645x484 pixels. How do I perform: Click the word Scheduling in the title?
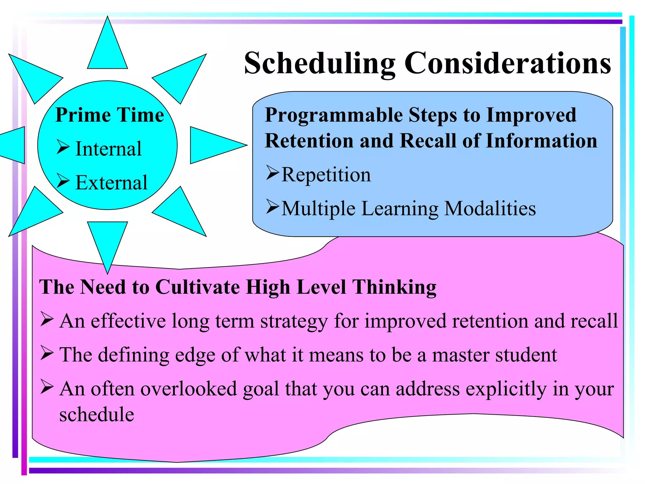320,64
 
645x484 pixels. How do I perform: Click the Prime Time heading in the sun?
110,115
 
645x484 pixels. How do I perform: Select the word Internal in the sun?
109,149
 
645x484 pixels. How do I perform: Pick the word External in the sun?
111,182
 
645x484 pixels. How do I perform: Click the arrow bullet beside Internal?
63,147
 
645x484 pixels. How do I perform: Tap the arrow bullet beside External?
63,181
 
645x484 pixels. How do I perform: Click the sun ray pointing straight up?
107,47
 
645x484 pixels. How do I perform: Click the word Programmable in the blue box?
334,115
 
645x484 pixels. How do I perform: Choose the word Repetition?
326,175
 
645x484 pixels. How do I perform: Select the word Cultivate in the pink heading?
197,287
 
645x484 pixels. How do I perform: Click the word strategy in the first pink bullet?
294,322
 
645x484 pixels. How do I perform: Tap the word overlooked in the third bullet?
188,389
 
